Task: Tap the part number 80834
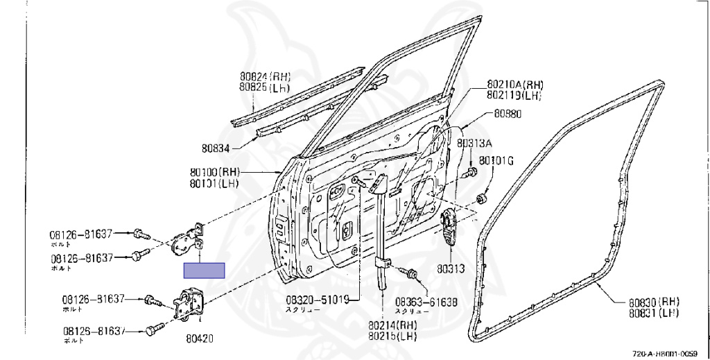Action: pos(216,147)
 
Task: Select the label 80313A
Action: pos(474,144)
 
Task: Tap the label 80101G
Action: pos(496,162)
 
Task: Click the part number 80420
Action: pos(199,338)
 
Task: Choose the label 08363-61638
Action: pos(426,302)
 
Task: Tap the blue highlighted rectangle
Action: pos(204,271)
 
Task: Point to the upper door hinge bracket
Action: pos(189,239)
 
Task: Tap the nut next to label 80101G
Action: pos(482,200)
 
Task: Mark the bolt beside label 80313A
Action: pos(472,171)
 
